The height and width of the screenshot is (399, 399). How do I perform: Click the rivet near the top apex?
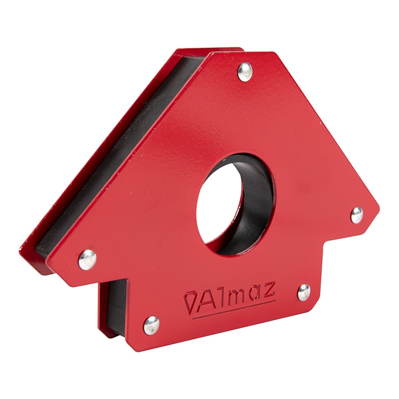pyautogui.click(x=245, y=72)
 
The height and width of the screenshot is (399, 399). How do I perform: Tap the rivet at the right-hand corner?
pyautogui.click(x=357, y=215)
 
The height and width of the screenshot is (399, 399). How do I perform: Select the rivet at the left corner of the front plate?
pyautogui.click(x=87, y=259)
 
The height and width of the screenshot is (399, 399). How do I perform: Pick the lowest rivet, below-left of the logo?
pyautogui.click(x=152, y=325)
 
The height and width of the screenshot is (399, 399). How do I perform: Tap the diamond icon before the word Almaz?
pyautogui.click(x=190, y=303)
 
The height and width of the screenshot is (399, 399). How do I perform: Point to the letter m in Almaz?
pyautogui.click(x=235, y=298)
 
